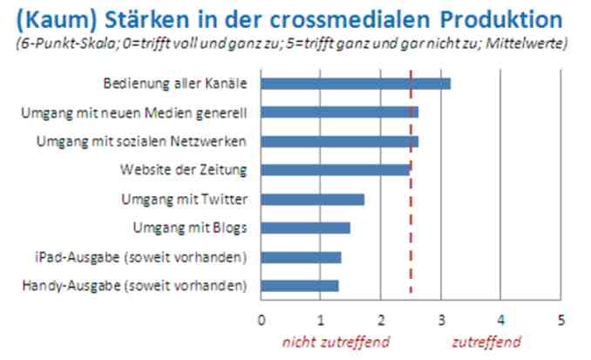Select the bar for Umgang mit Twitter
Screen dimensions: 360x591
312,200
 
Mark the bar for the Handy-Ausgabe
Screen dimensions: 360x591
299,286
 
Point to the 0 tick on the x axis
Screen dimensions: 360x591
261,320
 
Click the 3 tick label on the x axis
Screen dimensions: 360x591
441,320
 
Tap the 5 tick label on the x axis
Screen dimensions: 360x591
561,320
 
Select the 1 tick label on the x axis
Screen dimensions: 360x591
321,320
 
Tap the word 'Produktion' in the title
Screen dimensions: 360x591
489,19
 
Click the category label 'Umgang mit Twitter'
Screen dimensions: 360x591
185,200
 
